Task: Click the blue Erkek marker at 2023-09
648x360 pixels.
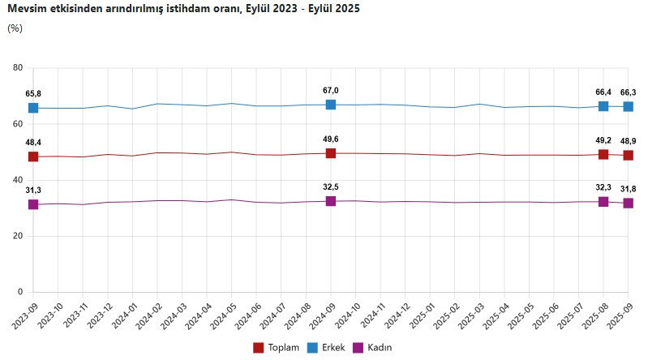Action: [x=33, y=108]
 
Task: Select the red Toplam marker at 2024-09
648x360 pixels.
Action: [x=331, y=153]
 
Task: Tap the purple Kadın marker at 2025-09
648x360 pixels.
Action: [x=628, y=203]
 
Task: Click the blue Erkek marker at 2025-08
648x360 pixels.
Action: [x=603, y=106]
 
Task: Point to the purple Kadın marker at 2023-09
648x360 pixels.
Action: [x=33, y=204]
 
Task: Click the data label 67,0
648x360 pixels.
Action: [x=331, y=90]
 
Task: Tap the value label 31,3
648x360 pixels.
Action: [x=33, y=190]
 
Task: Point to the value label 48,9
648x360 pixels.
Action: [x=628, y=140]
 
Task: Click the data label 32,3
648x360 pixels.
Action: [x=603, y=186]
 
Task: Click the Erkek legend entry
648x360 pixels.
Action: [x=333, y=347]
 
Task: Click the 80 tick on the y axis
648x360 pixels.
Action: [x=17, y=68]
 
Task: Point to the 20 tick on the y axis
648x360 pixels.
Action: [x=17, y=236]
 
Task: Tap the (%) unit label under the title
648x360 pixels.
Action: [x=15, y=28]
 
